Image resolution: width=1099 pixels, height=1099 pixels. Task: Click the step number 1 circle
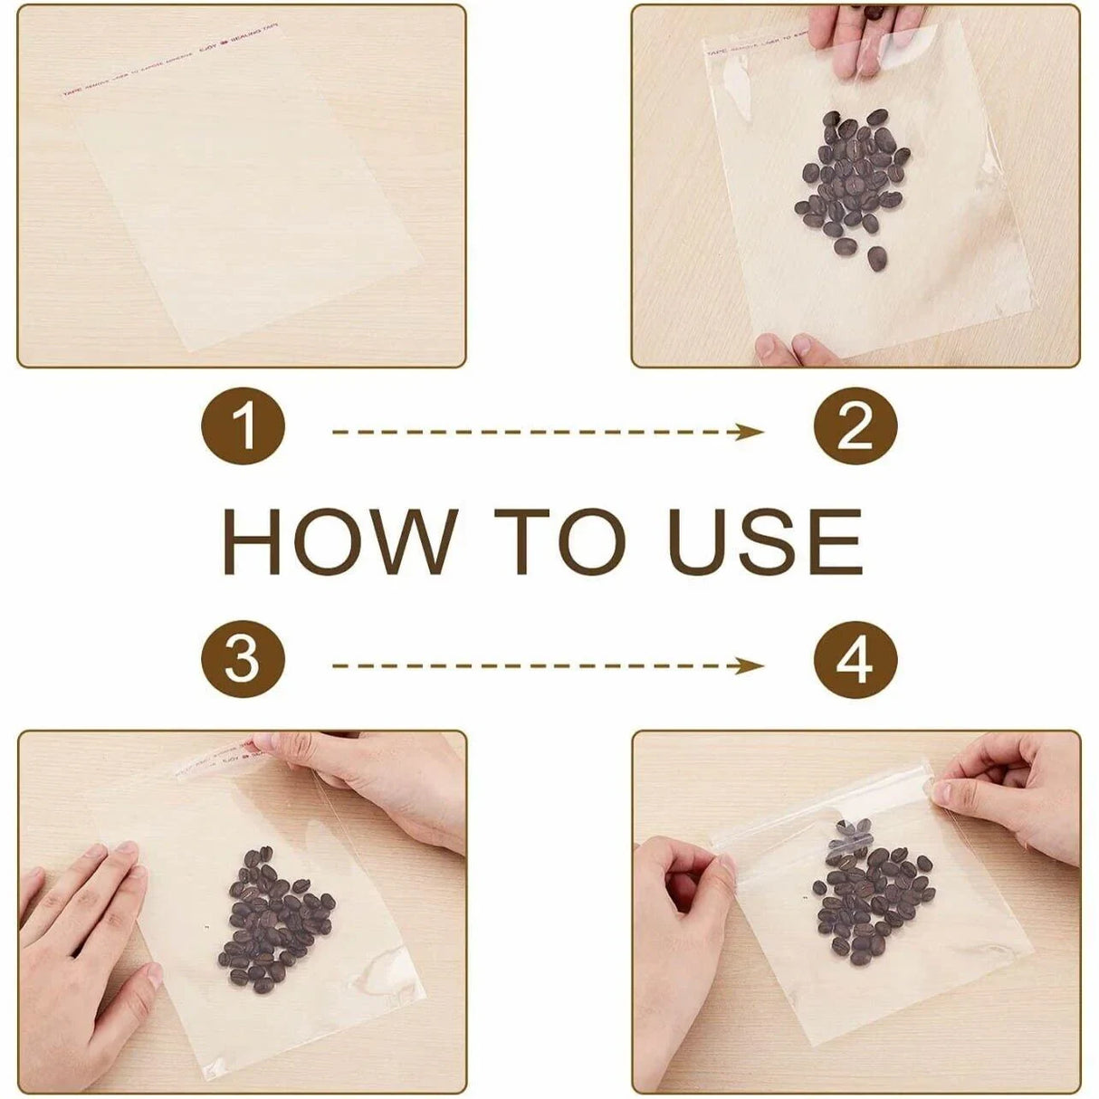243,425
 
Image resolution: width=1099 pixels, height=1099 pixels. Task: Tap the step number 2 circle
855,425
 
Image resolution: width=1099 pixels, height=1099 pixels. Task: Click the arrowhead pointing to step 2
751,432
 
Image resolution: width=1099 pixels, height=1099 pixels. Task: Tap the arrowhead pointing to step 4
751,666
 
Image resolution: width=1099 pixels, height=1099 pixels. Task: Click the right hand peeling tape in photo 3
380,779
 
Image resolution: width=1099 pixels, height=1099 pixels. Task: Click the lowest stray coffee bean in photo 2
876,259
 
